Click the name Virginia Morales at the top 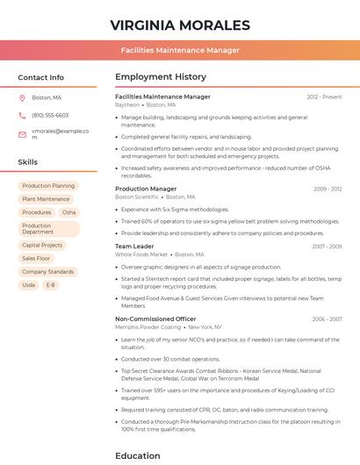(x=180, y=25)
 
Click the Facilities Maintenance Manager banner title (x=180, y=50)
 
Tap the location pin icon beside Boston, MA (x=22, y=97)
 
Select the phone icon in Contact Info (x=22, y=115)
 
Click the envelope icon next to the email (x=22, y=133)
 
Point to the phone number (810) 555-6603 (x=50, y=115)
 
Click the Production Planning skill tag (x=48, y=186)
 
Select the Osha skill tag (x=68, y=212)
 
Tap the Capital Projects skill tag (x=42, y=246)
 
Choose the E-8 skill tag (x=50, y=285)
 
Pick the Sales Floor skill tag (x=36, y=259)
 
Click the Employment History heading (x=161, y=77)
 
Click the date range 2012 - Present (x=324, y=97)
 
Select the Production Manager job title (x=146, y=189)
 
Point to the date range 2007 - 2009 (x=327, y=247)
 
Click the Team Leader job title (x=134, y=247)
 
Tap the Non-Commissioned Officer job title (x=155, y=319)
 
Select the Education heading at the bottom (x=138, y=455)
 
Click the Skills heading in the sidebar (x=28, y=162)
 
